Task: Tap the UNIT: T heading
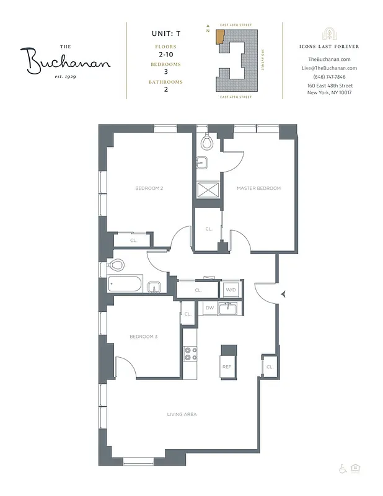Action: point(165,34)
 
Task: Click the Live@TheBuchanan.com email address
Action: point(329,68)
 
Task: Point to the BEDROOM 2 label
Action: point(149,188)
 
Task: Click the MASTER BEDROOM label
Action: point(258,188)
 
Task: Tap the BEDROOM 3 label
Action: point(143,337)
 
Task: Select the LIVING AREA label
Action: point(182,414)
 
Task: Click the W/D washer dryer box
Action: point(230,290)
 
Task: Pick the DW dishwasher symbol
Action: point(209,308)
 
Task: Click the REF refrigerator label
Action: point(227,367)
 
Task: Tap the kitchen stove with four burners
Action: point(190,354)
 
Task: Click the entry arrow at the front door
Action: point(283,294)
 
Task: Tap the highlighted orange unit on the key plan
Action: point(219,36)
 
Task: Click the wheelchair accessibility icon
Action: point(342,469)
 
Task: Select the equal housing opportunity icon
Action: point(355,469)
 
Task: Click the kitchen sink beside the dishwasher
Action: point(231,308)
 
